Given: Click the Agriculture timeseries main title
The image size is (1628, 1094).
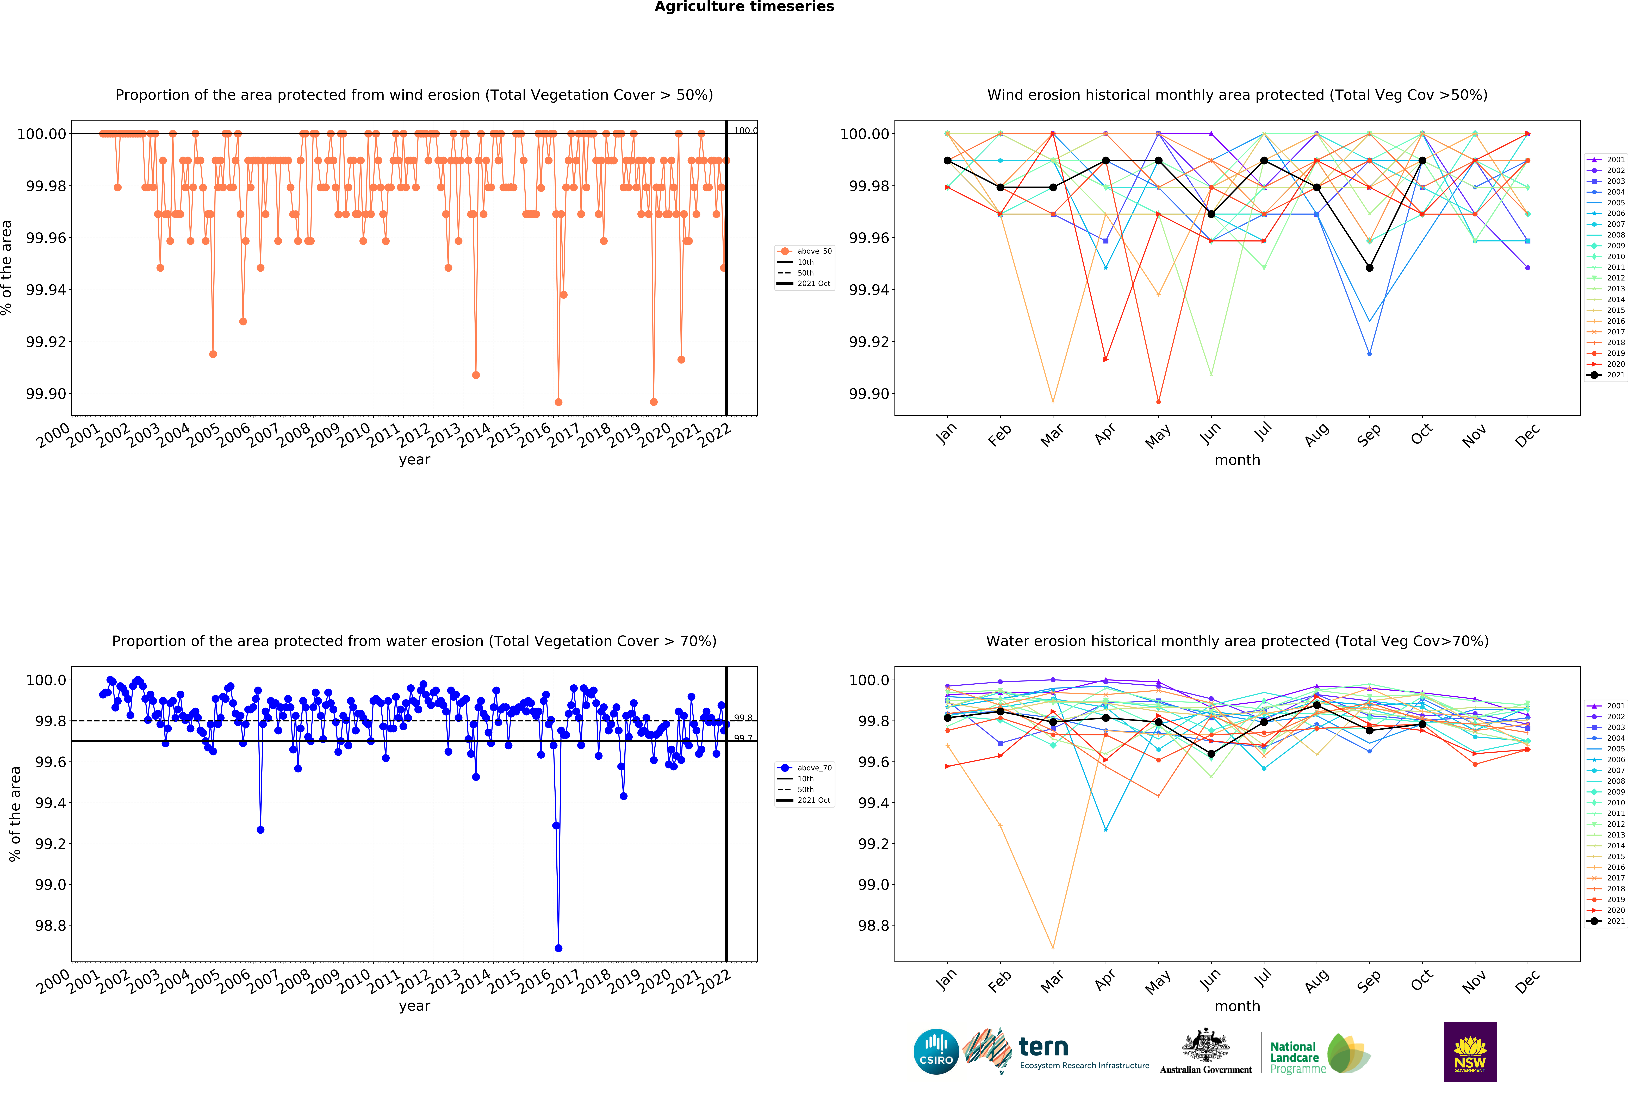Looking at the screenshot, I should (x=744, y=7).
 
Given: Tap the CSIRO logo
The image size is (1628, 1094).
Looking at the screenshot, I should (x=936, y=1051).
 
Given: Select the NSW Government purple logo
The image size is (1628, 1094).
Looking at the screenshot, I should (x=1470, y=1051).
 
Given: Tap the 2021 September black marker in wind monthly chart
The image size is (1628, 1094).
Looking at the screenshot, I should (x=1369, y=268).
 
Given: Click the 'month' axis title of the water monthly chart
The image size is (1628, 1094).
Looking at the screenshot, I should (x=1237, y=1006).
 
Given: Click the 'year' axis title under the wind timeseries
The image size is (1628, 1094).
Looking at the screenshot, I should (x=414, y=460).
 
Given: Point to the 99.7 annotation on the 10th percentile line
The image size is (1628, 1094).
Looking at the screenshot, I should (x=743, y=738).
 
